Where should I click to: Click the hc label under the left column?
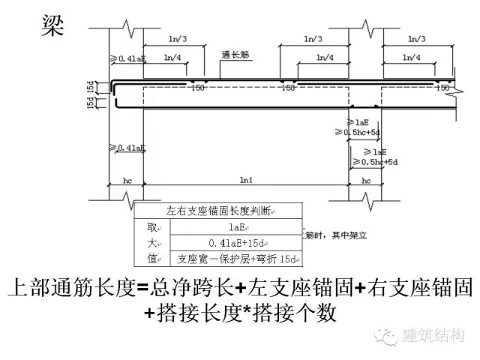click(127, 181)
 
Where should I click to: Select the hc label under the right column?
click(366, 181)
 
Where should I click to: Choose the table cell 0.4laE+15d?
click(238, 243)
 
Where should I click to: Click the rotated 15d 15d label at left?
click(91, 95)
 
